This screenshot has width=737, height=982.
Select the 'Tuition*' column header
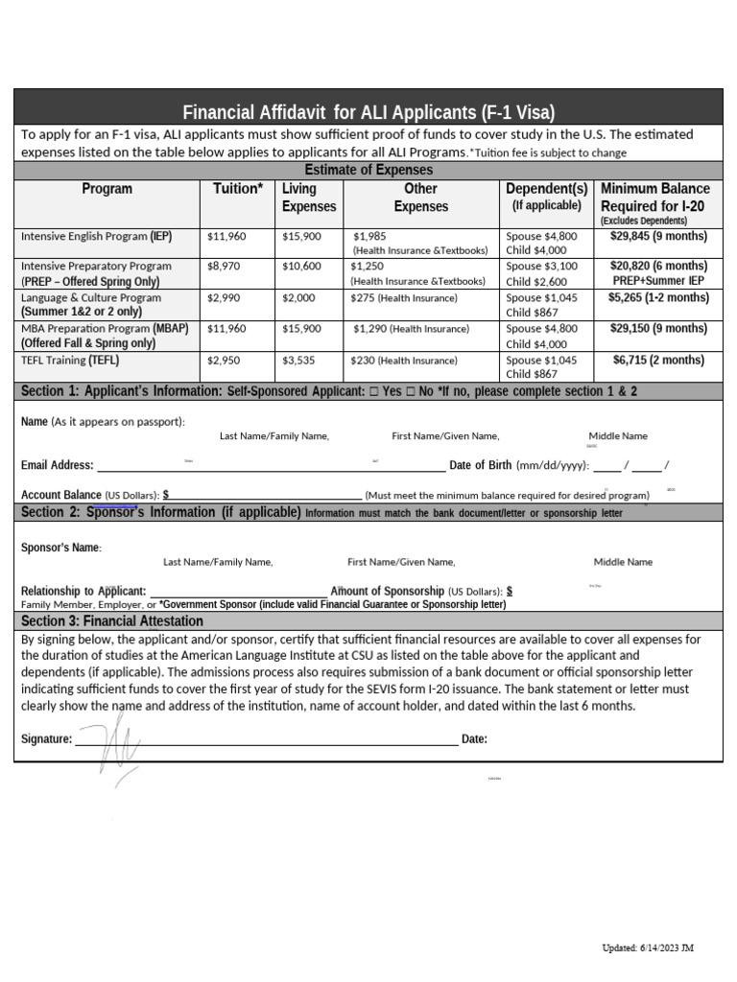coord(237,189)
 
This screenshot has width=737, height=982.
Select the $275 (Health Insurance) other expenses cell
coord(403,298)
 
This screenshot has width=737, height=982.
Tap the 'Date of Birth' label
coord(480,465)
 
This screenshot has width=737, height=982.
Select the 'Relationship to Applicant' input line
coord(238,592)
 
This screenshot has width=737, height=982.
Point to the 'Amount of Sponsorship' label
coord(387,591)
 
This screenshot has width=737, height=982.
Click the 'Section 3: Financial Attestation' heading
coord(111,620)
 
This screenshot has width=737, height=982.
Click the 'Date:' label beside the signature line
coord(474,738)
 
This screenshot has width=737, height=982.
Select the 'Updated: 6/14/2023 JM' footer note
coord(647,947)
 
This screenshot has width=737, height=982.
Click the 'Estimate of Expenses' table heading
coord(368,170)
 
